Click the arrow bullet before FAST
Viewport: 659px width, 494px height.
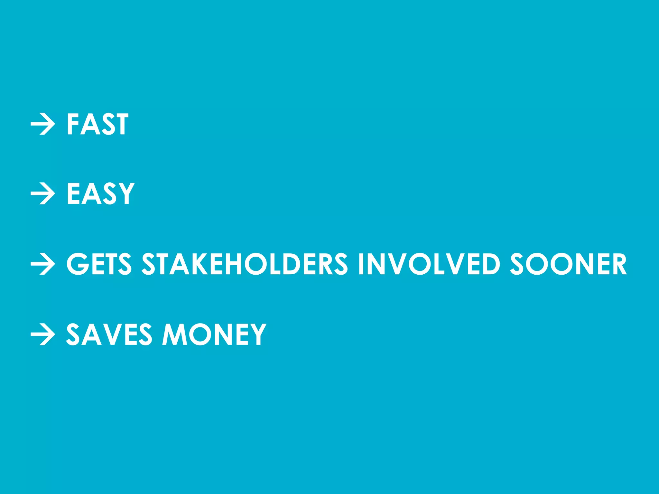point(43,124)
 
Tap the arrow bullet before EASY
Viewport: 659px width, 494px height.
point(43,194)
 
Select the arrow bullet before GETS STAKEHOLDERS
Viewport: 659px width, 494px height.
point(43,264)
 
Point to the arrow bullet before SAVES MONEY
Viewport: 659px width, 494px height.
point(43,334)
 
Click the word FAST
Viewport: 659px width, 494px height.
point(97,124)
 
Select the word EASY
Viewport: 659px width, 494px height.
point(100,194)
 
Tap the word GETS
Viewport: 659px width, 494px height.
point(99,264)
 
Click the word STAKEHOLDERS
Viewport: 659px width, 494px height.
point(245,264)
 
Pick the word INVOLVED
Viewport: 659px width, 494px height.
point(429,264)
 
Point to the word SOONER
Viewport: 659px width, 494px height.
point(569,264)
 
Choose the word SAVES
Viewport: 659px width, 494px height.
point(109,334)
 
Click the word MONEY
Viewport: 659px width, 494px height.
point(214,334)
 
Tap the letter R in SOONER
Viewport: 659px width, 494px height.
point(617,264)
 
